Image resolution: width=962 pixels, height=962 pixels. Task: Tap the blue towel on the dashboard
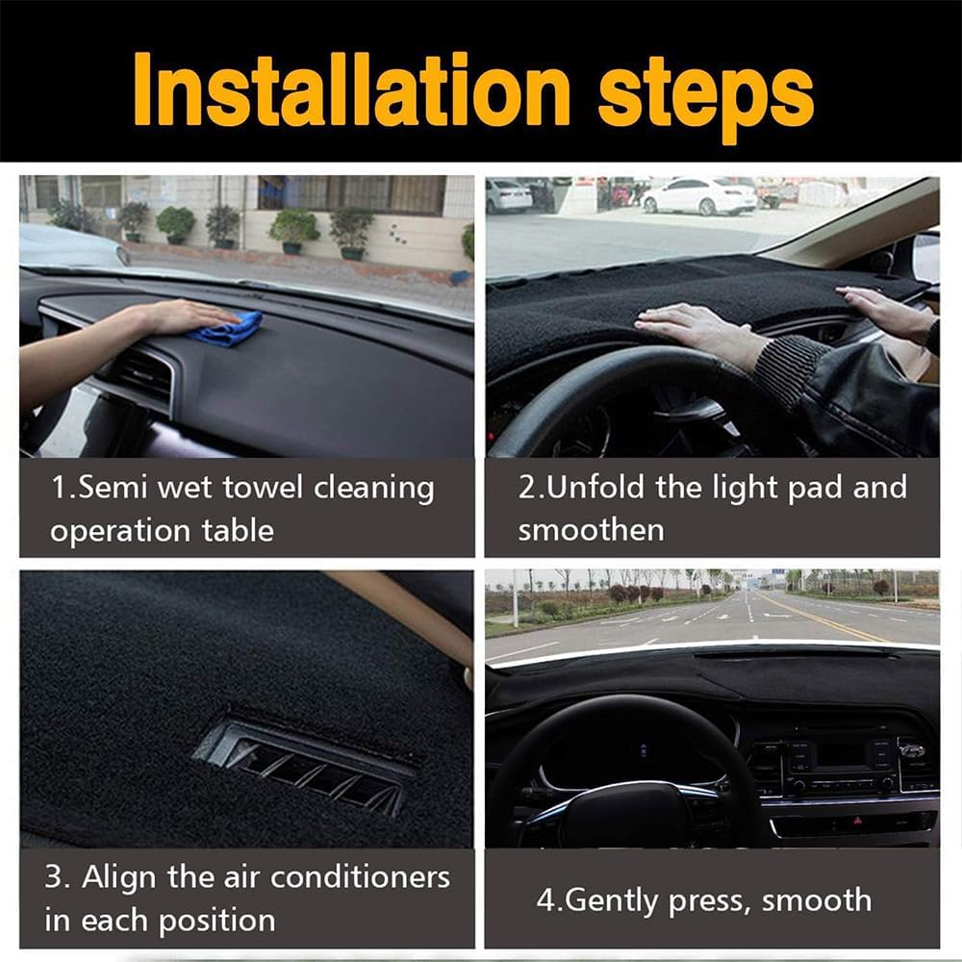click(x=226, y=330)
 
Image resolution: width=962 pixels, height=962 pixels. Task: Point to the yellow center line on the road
click(x=818, y=620)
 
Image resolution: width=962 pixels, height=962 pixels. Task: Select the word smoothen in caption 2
click(x=591, y=530)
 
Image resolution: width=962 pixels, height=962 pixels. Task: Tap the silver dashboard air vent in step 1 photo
click(x=144, y=370)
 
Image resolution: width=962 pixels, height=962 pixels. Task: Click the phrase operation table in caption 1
click(x=162, y=531)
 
